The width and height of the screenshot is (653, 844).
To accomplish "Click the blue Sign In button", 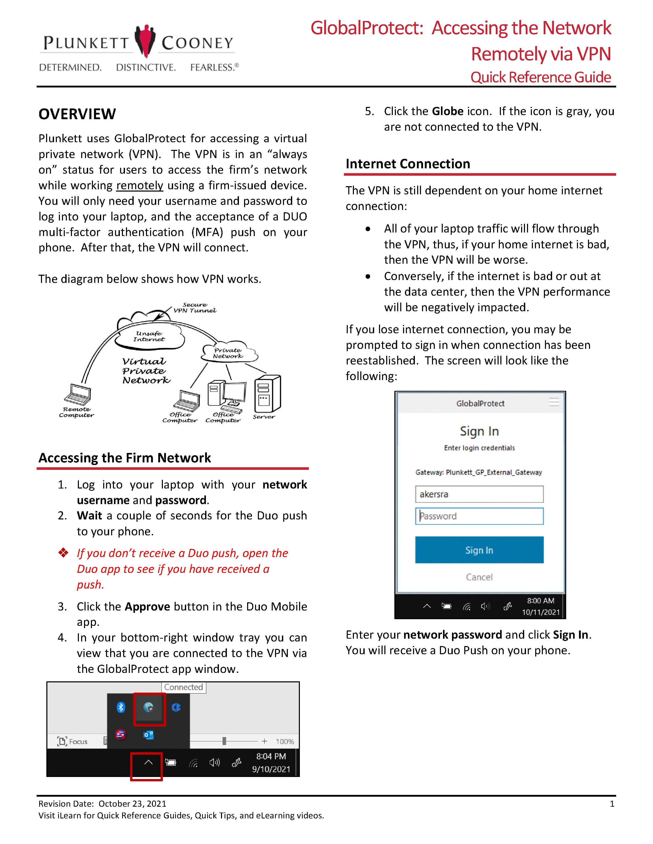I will (x=479, y=550).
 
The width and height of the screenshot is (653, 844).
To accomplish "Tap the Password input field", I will (x=479, y=516).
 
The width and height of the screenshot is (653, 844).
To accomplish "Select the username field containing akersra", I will (x=479, y=494).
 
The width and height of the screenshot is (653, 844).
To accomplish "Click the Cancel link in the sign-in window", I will (x=479, y=577).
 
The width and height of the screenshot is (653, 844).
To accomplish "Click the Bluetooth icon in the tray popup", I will (x=121, y=707).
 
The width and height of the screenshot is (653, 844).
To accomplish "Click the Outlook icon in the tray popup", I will (x=149, y=735).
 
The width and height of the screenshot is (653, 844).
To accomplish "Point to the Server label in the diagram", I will (x=264, y=417).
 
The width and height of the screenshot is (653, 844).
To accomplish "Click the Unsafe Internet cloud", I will (x=149, y=336).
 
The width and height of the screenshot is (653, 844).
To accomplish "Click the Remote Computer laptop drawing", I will (x=78, y=395).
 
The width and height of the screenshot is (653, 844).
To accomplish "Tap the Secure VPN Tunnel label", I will (x=195, y=308).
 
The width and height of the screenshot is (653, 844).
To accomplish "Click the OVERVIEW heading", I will (x=77, y=114).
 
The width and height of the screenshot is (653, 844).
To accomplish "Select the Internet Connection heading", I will (x=408, y=164).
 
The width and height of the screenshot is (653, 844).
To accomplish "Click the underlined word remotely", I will (x=140, y=185).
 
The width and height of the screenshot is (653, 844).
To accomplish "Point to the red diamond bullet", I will (x=63, y=553).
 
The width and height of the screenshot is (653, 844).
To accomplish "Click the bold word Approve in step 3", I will (x=147, y=606).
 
